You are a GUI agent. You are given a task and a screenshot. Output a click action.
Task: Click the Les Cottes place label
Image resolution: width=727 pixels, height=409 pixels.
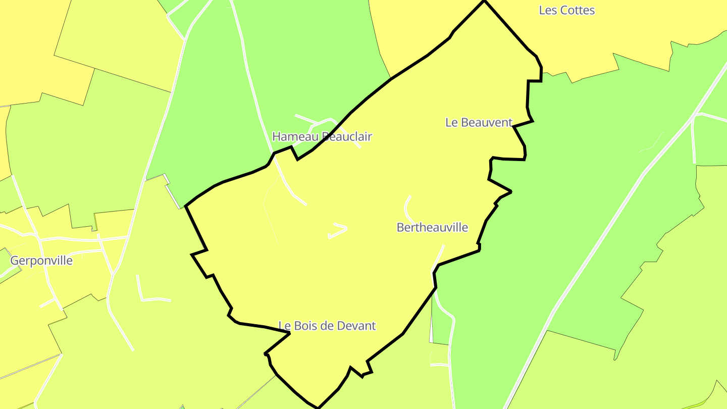(567, 10)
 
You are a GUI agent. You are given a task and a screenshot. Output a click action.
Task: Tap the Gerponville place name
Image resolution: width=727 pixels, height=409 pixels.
(41, 261)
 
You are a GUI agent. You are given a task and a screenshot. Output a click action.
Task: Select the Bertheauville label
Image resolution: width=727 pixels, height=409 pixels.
(432, 228)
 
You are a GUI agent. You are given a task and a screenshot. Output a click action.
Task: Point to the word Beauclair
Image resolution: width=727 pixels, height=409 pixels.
(347, 136)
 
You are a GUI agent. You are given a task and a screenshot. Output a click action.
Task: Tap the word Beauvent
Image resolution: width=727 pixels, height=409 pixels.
(486, 122)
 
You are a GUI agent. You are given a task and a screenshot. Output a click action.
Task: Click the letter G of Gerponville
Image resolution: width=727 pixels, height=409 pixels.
(15, 261)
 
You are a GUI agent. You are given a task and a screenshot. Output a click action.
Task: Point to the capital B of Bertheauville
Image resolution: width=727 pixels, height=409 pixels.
(400, 228)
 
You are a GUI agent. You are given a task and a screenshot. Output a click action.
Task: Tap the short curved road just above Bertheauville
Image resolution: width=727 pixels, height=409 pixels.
(407, 207)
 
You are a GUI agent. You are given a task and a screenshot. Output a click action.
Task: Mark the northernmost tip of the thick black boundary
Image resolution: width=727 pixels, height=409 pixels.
(484, 2)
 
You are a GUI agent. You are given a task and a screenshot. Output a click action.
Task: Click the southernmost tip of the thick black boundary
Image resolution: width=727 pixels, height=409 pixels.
(318, 407)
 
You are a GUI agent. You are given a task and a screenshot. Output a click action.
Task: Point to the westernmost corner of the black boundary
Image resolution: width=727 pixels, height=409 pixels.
(186, 206)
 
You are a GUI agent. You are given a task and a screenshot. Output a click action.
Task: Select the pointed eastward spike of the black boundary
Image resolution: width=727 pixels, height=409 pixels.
(511, 191)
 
